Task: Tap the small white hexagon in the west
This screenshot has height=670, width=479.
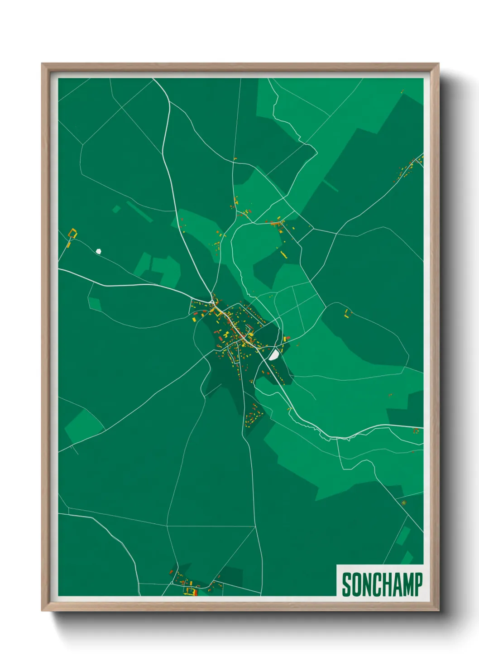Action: [98, 251]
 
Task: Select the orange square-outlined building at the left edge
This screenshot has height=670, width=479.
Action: [72, 234]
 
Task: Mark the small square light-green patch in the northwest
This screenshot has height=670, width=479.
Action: [116, 209]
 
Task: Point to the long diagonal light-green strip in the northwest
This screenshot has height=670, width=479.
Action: [139, 211]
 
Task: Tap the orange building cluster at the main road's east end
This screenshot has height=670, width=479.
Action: [416, 431]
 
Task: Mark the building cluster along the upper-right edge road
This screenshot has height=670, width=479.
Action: [407, 170]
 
